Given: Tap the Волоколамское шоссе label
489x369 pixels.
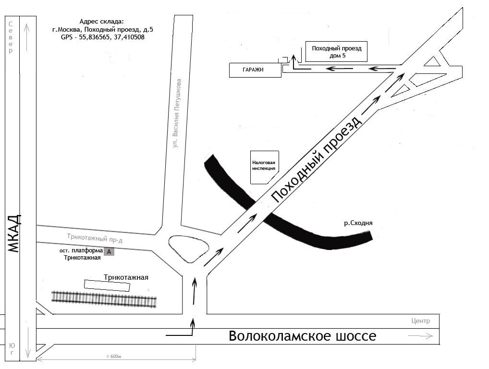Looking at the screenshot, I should (303, 336).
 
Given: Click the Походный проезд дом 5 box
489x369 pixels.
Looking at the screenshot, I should (336, 52).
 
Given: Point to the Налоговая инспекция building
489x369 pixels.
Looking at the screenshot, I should (264, 166).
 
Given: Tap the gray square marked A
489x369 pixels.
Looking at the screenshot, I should (109, 251).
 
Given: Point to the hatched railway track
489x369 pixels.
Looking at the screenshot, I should (104, 299).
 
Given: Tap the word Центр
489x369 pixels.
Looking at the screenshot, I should (421, 321).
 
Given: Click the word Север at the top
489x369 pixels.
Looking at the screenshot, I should (11, 36).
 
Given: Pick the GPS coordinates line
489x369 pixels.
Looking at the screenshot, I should (102, 36).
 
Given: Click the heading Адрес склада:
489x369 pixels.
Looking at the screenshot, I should (101, 22).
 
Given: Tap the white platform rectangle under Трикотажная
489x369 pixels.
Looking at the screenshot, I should (107, 286).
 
